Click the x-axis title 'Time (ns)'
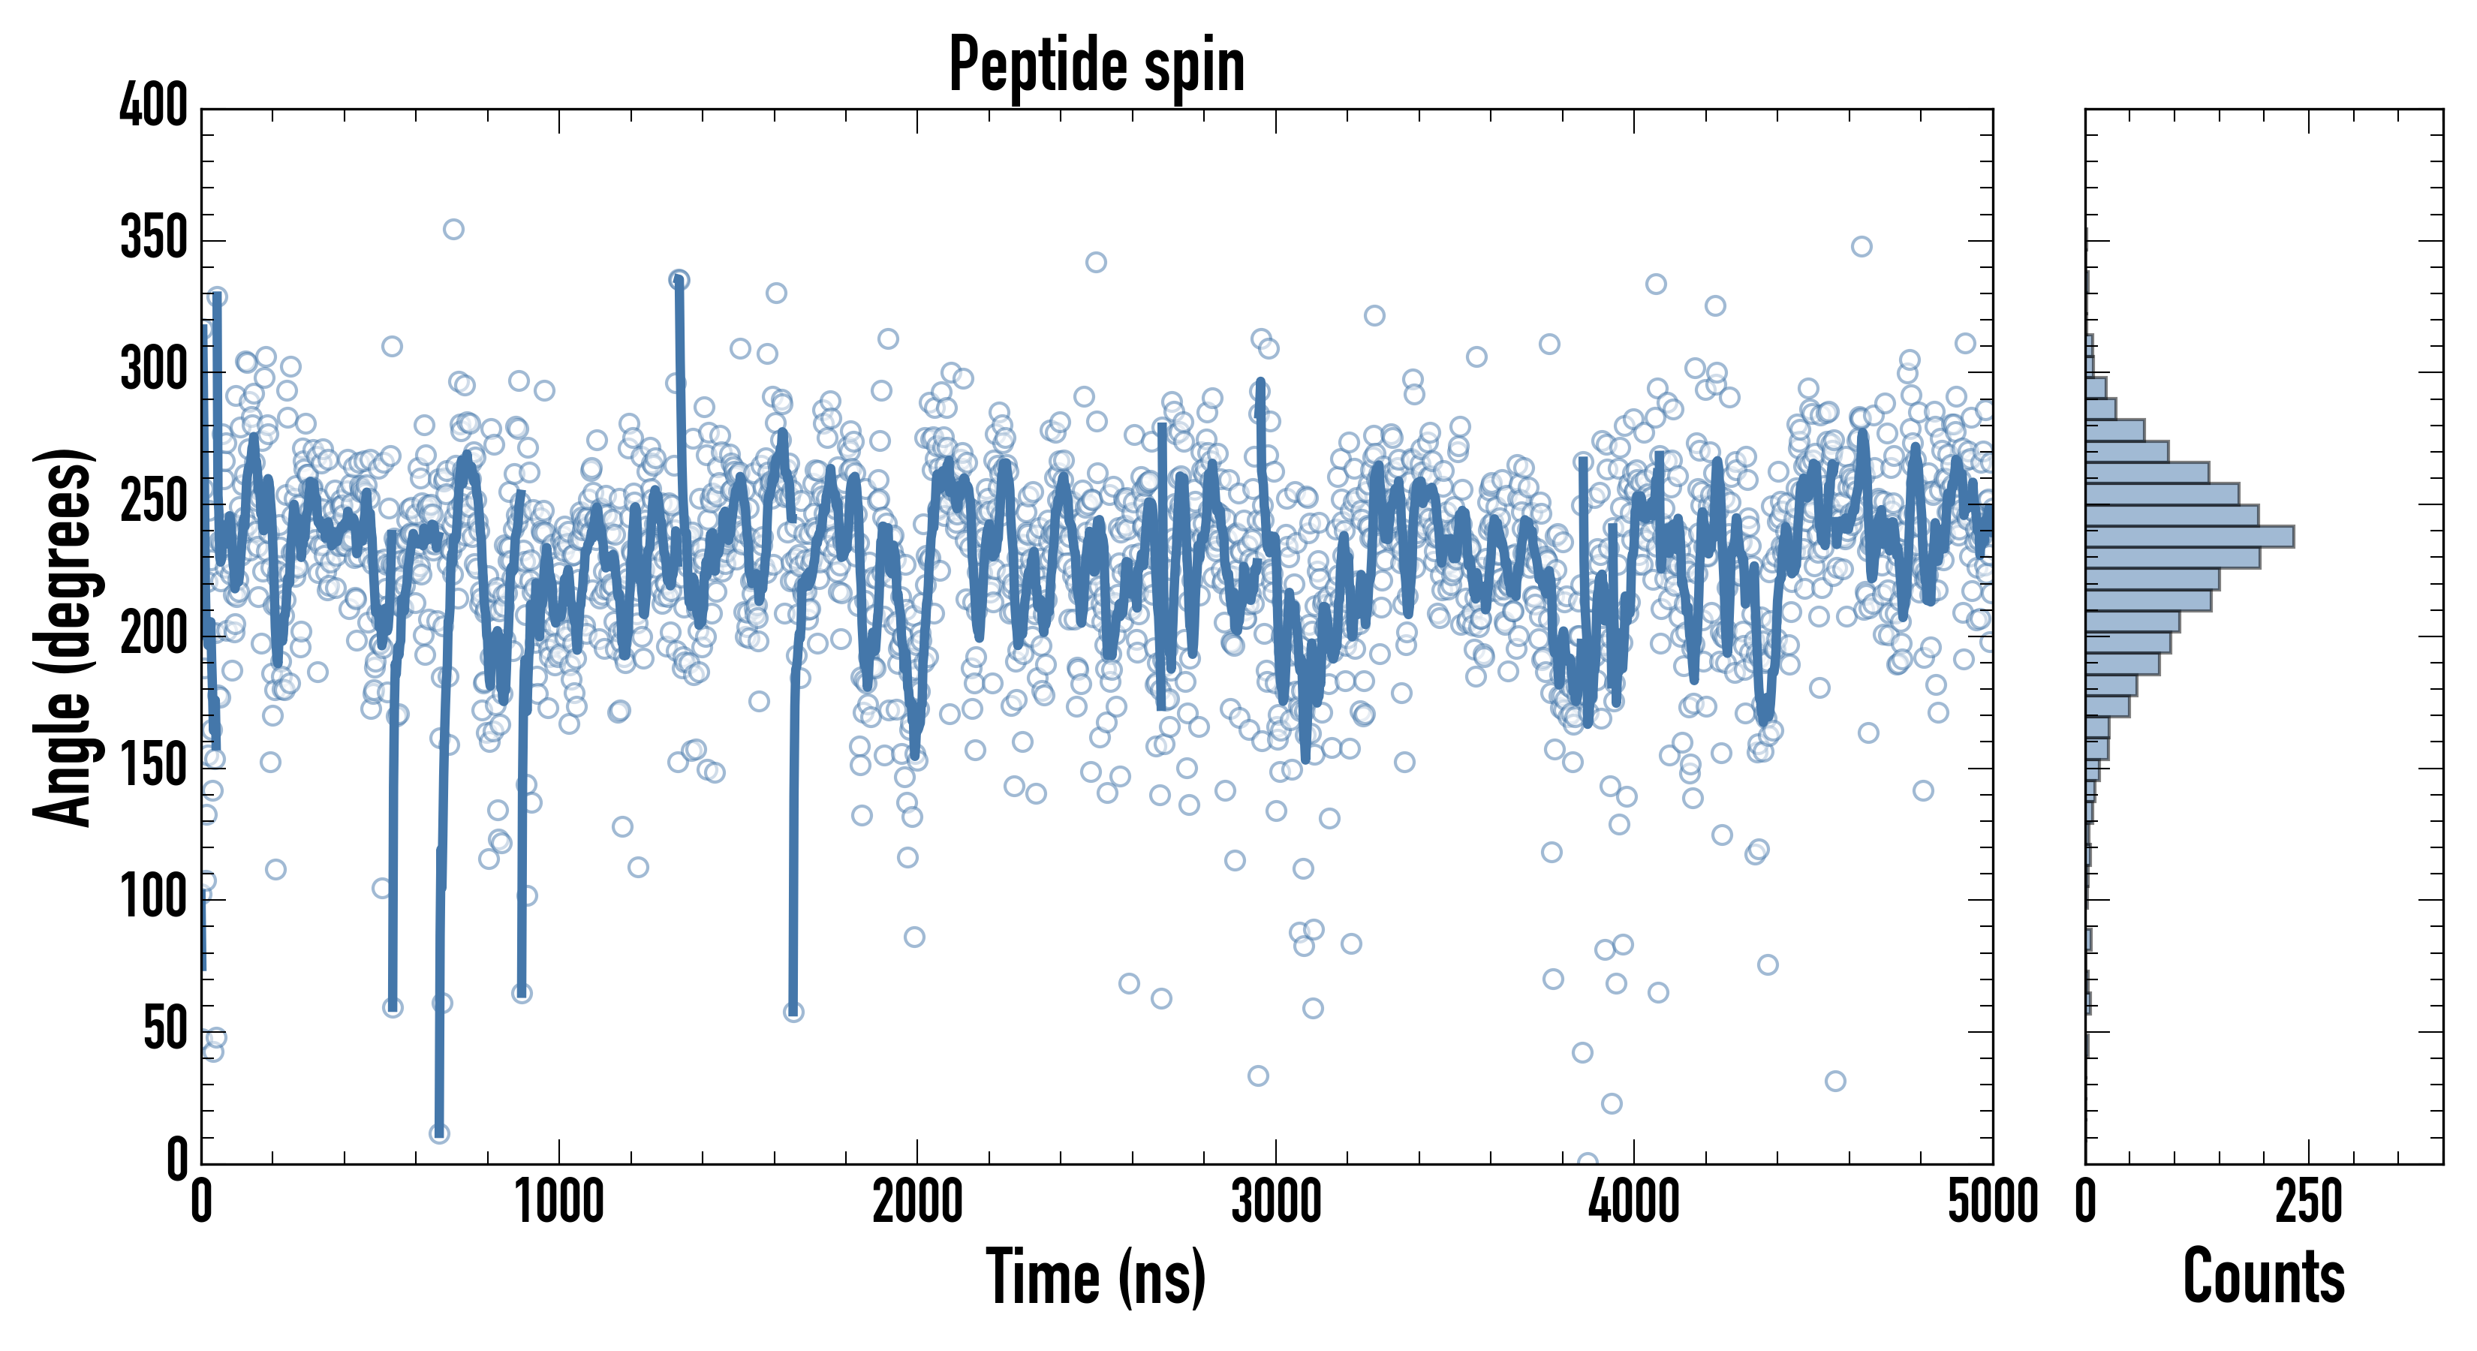coord(1096,1277)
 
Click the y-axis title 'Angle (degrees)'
coord(64,636)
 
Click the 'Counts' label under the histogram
coord(2264,1277)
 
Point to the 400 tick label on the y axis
coord(154,106)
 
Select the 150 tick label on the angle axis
coord(154,766)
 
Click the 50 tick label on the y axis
coord(165,1030)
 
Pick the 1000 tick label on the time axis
coord(560,1202)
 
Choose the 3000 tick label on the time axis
coord(1276,1202)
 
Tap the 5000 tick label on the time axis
coord(1992,1202)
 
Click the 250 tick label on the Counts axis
coord(2308,1202)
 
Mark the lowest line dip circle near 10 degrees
coord(439,1133)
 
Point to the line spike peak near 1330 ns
coord(679,280)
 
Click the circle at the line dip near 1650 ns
coord(793,1012)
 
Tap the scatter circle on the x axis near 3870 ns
coord(1588,1162)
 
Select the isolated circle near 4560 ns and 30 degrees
coord(1834,1081)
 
